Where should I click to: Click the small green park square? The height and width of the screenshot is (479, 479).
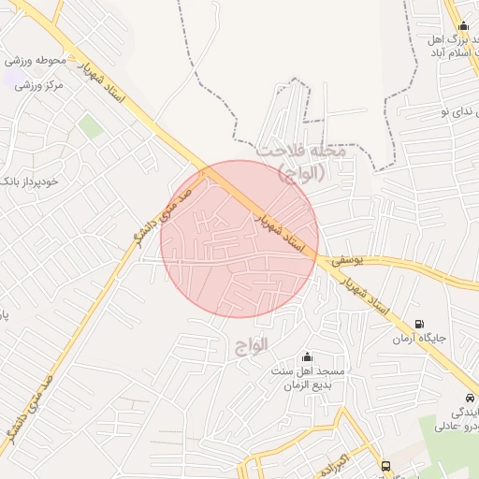(91, 126)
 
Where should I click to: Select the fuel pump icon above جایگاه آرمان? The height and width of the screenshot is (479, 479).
(417, 323)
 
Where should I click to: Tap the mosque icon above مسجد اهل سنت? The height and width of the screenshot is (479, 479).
(307, 357)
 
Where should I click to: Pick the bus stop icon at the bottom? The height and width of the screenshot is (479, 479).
(385, 466)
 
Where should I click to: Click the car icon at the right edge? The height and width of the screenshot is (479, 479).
(469, 398)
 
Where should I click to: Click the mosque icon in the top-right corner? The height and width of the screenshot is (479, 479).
(463, 25)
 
